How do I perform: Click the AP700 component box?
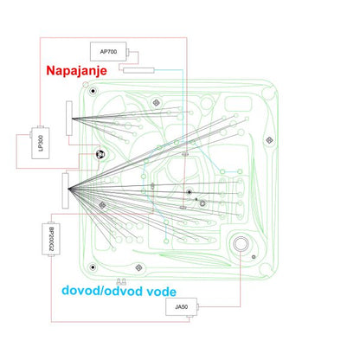click(x=108, y=52)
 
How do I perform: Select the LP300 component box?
click(x=41, y=143)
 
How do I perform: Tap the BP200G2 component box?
click(x=51, y=239)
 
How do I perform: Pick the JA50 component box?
click(x=182, y=306)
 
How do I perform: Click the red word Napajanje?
click(x=76, y=70)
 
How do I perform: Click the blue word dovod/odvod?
click(x=102, y=291)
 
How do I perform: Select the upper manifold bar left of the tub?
click(x=69, y=118)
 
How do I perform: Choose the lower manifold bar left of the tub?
click(x=66, y=190)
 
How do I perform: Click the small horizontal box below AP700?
click(x=138, y=70)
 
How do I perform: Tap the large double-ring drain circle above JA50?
click(x=241, y=244)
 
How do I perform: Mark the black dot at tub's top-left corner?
click(x=93, y=92)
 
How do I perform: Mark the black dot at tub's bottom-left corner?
click(x=93, y=267)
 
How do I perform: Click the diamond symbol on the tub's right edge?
click(x=269, y=140)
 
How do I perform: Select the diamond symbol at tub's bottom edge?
click(x=138, y=267)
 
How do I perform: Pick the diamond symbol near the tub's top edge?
click(x=156, y=102)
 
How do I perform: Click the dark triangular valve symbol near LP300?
click(x=100, y=155)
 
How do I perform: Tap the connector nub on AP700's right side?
click(x=128, y=53)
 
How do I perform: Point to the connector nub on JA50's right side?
click(x=198, y=306)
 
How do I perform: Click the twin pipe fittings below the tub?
click(x=121, y=281)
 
